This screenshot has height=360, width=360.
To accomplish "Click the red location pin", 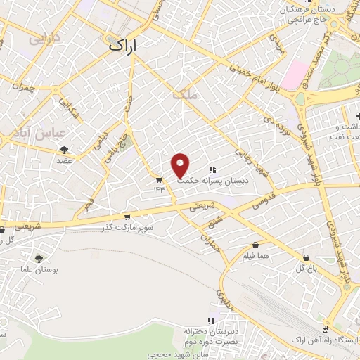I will point(181,165).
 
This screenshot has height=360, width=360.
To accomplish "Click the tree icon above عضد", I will point(65,150).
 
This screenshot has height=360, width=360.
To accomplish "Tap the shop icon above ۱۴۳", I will point(158,179).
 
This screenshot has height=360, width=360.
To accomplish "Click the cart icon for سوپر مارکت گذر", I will point(127,217).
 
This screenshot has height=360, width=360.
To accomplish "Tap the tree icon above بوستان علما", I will point(38,259).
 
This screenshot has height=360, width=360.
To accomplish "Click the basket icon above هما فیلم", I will point(255,246).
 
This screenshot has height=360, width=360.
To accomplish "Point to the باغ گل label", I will point(304,268).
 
